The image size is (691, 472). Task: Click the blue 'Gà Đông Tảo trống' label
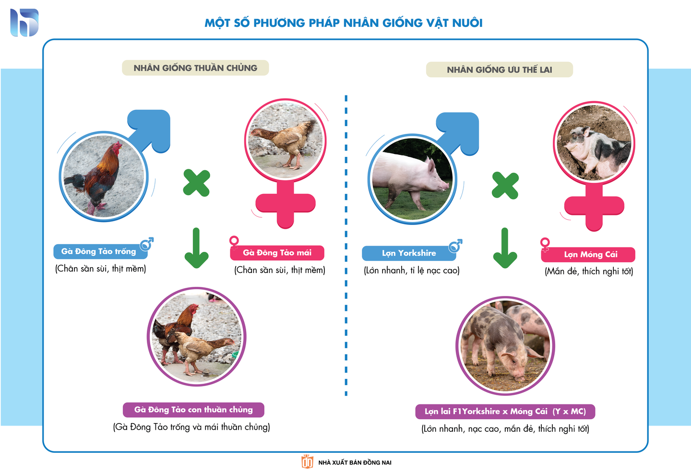tap(100, 251)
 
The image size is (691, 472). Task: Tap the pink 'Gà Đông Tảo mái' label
tap(277, 253)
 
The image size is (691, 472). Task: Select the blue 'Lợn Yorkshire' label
tap(409, 253)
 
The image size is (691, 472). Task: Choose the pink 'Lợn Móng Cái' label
tap(588, 255)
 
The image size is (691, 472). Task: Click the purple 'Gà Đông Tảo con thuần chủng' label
tap(193, 410)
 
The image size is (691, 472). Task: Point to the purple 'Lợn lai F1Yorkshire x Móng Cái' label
tap(505, 412)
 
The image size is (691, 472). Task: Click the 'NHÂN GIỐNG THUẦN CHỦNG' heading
tap(195, 68)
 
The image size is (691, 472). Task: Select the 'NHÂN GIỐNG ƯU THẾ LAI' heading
tap(500, 70)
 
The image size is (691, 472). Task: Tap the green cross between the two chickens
tap(197, 183)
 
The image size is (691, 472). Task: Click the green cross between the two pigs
tap(505, 185)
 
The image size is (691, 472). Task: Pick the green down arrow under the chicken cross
tap(197, 248)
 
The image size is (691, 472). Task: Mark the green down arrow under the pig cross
tap(505, 248)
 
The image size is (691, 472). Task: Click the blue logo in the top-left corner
tap(24, 23)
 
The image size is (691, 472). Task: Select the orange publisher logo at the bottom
tap(307, 461)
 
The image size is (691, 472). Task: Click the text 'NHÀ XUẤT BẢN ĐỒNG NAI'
tap(355, 462)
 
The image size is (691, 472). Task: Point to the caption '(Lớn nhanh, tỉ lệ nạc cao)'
tap(412, 271)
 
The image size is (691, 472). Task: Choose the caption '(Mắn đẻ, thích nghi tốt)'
tap(589, 271)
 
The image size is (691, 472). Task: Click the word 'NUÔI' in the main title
tap(467, 23)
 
